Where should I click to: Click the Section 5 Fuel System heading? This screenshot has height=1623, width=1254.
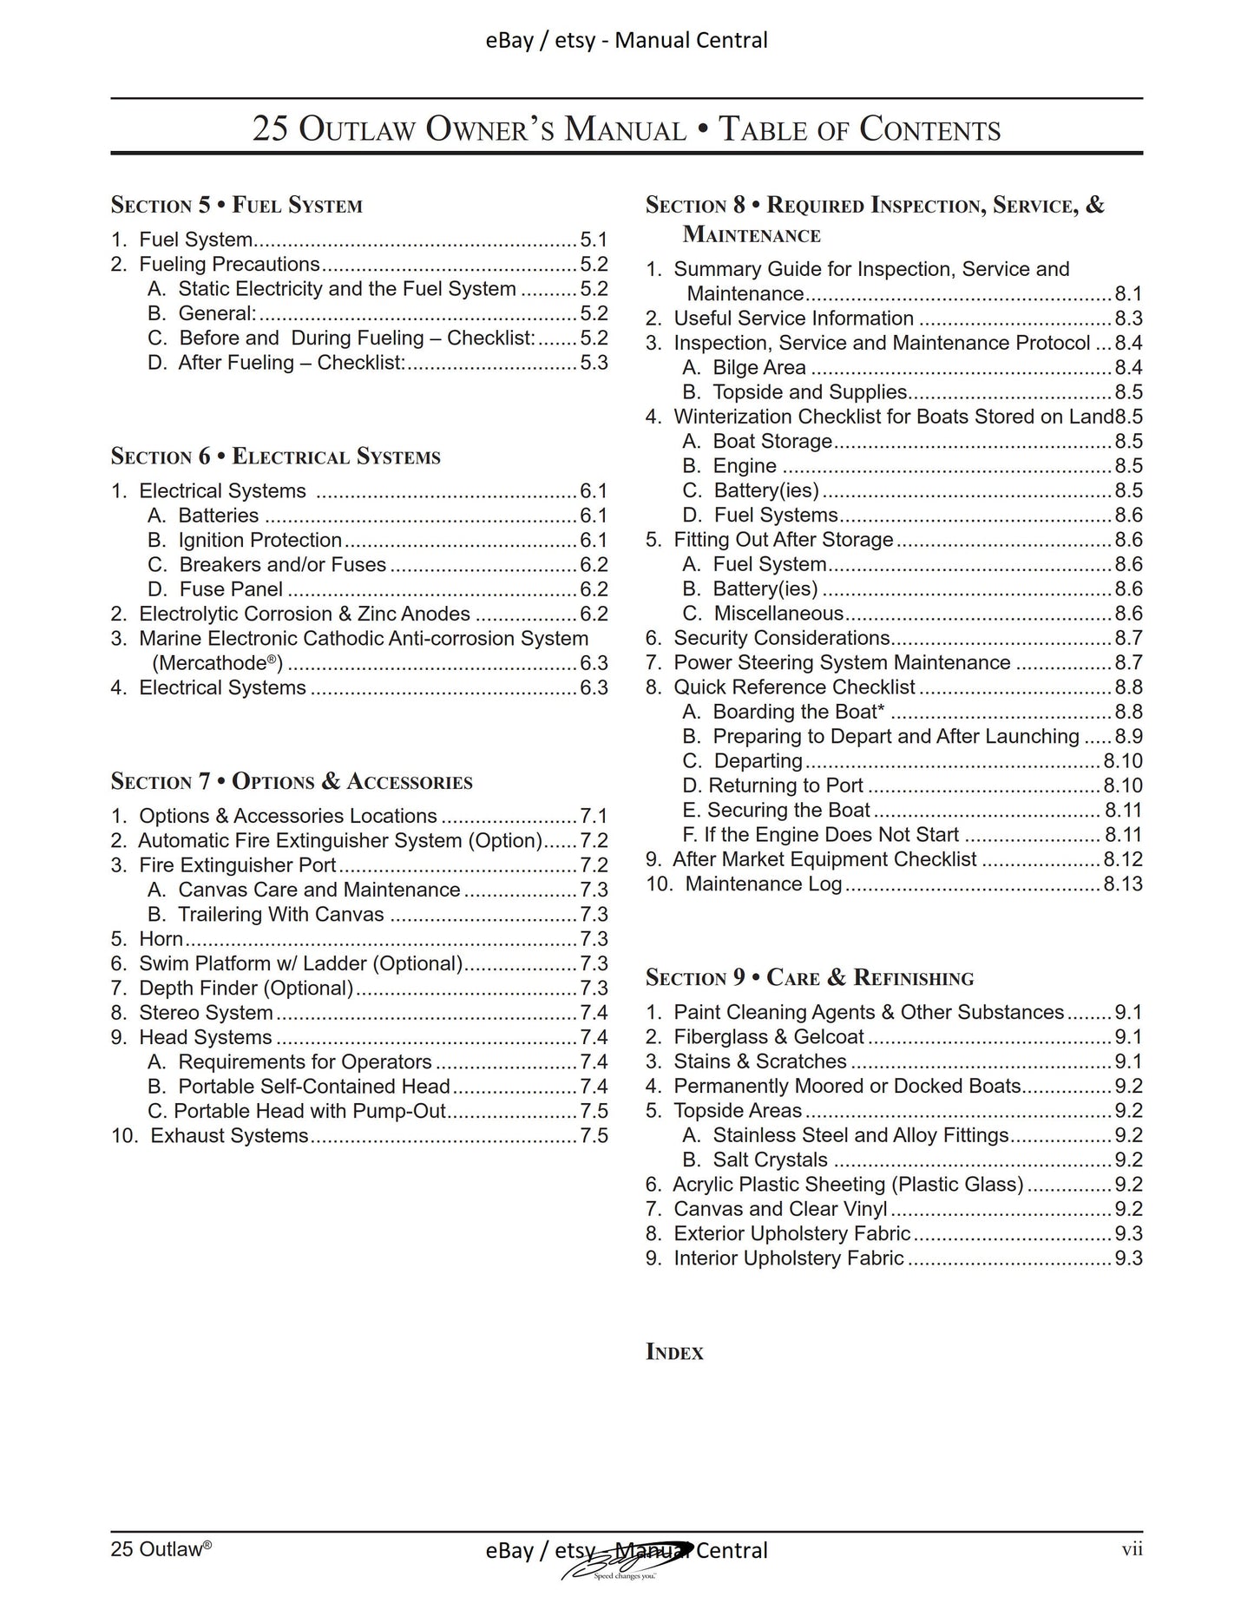coord(236,206)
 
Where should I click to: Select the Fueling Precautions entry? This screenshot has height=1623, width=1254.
coord(229,265)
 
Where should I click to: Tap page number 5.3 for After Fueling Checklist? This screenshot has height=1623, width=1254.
coord(594,363)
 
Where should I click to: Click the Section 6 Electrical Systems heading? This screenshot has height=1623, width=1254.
coord(275,457)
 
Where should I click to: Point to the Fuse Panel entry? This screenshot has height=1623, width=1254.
coord(230,589)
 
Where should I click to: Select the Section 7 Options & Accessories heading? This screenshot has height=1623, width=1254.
coord(292,782)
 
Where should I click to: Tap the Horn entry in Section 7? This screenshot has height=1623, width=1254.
coord(161,939)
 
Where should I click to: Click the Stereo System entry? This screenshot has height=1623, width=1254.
coord(206,1013)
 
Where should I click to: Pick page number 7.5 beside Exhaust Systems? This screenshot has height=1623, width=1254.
coord(594,1136)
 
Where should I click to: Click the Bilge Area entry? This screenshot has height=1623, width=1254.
coord(758,368)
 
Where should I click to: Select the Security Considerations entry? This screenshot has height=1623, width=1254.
coord(781,639)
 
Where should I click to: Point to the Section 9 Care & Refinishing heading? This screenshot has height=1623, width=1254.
coord(809,978)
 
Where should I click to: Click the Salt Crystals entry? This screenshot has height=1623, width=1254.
coord(769,1160)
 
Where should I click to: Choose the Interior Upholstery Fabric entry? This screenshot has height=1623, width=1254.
coord(788,1258)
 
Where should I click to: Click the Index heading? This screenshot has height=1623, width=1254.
coord(674,1352)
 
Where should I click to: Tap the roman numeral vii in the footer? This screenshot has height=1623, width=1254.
coord(1131,1549)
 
